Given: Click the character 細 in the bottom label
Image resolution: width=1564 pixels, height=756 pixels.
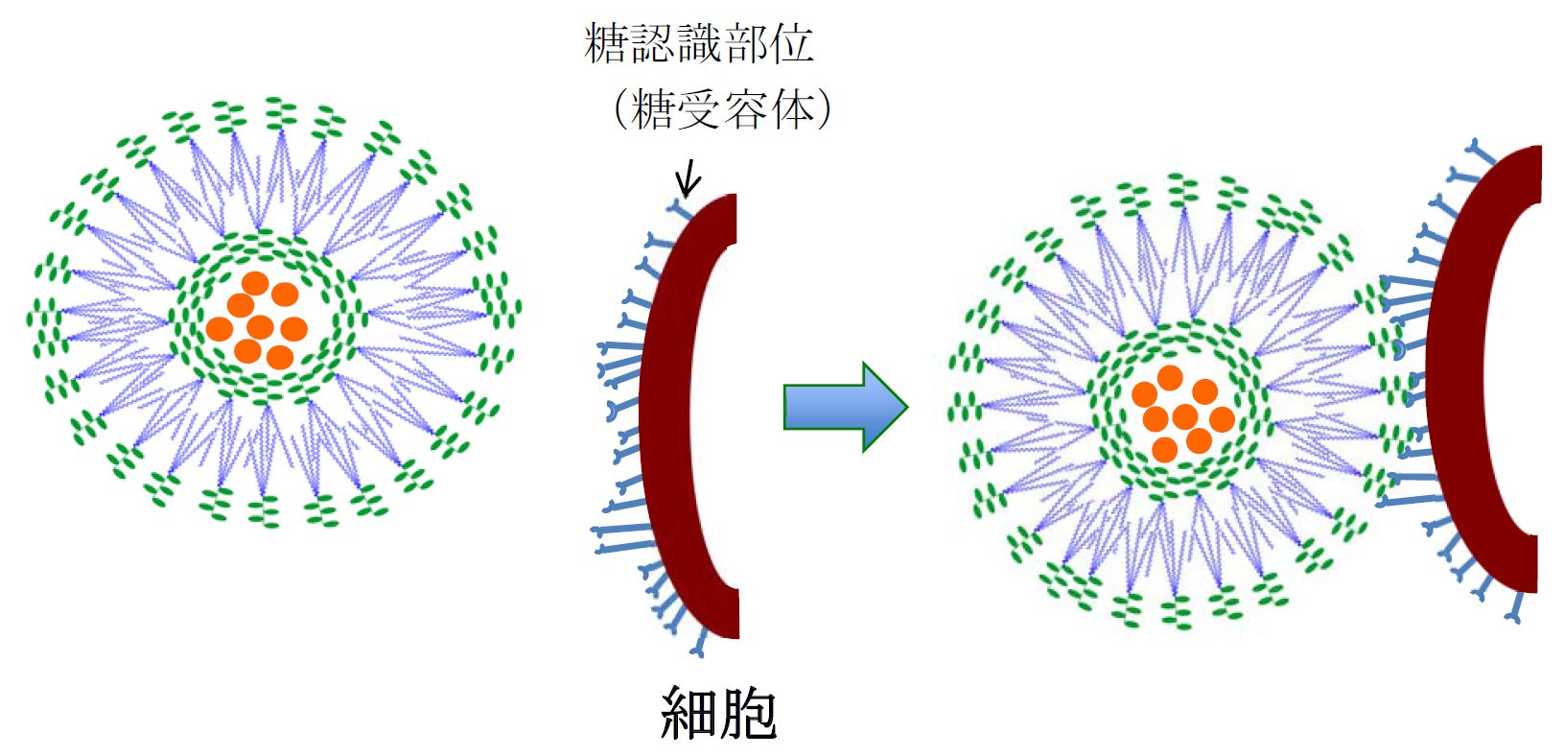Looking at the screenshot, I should coord(689,715).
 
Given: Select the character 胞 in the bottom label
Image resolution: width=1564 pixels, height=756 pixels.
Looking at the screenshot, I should coord(747,715).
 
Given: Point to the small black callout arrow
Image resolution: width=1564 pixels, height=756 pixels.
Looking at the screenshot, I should coord(688,178).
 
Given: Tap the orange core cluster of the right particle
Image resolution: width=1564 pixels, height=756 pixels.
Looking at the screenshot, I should coord(1181,413).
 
